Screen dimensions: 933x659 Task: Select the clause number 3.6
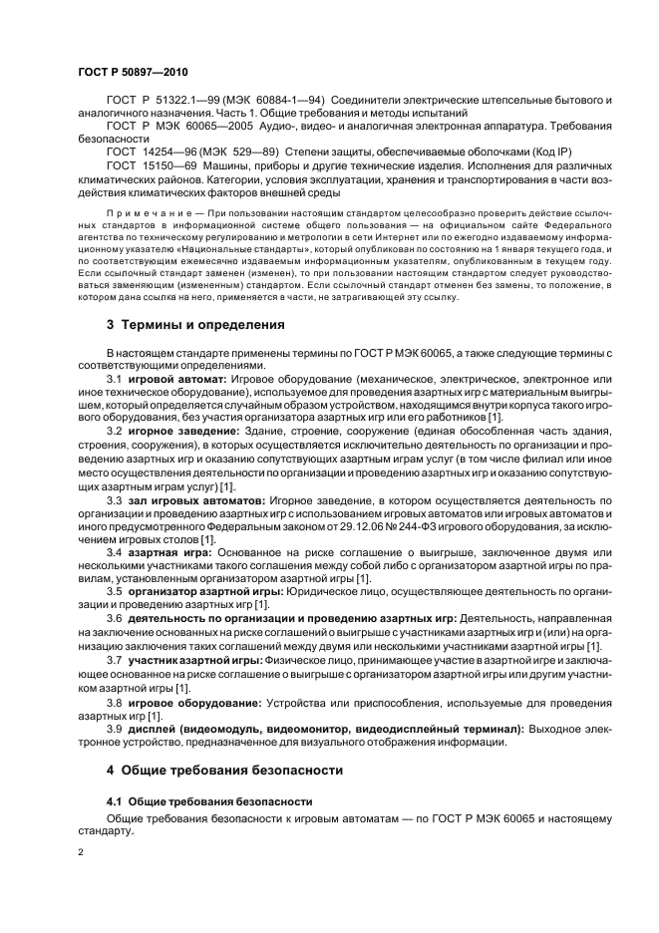114,619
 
